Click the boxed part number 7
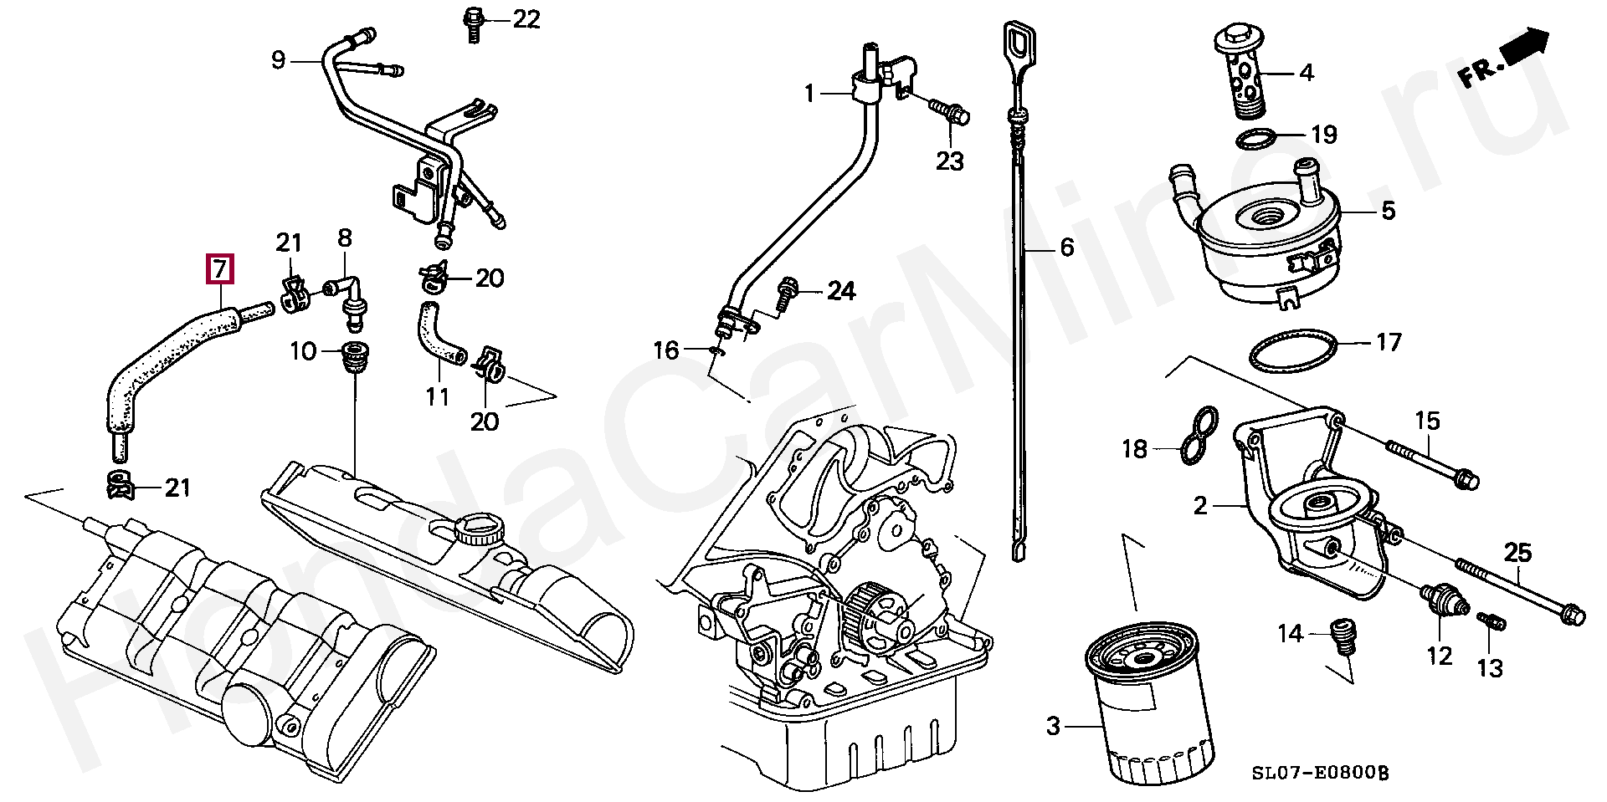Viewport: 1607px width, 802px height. click(218, 269)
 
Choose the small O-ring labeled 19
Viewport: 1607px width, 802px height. click(1256, 139)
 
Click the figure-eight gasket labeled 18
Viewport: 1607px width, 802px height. click(1198, 436)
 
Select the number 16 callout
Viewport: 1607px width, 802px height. click(666, 350)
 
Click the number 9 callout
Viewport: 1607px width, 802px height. click(278, 60)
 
